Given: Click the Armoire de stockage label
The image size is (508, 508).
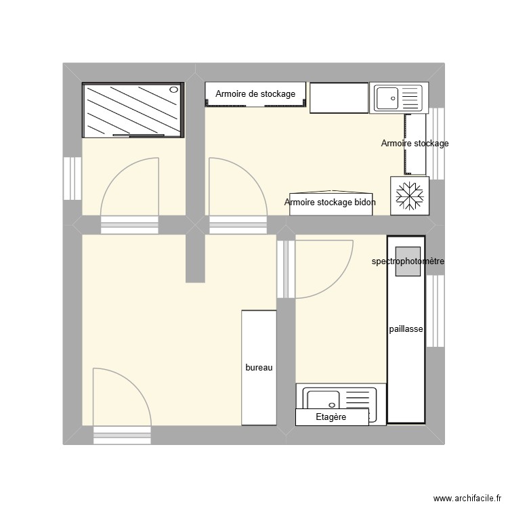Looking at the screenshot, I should coord(255,94).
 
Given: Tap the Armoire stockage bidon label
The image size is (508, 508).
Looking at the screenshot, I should coord(330,202).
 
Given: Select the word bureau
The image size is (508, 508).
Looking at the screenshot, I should coord(259,367).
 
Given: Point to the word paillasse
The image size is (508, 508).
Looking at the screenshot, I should coord(406,329).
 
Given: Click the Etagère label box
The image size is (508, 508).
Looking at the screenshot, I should coord(331,417).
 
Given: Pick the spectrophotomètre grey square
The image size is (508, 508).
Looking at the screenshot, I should coord(408,261).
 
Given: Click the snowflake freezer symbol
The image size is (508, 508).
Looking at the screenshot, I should coord(410,196).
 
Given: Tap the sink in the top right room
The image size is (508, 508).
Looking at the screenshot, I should coord(398,98).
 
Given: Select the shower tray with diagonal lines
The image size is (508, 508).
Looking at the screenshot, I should coord(133,110).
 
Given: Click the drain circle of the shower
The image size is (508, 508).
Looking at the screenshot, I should coord(174,89).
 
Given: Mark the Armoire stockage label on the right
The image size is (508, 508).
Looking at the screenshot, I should coord(415,144).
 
